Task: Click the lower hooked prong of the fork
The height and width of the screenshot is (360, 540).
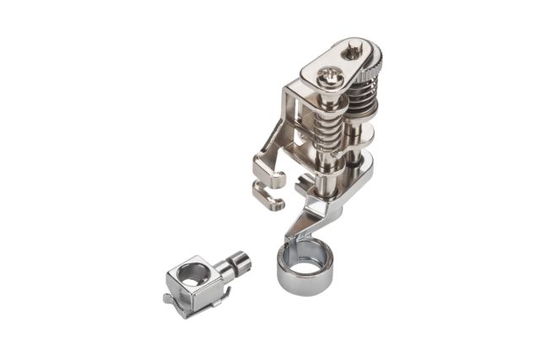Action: [270, 198]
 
